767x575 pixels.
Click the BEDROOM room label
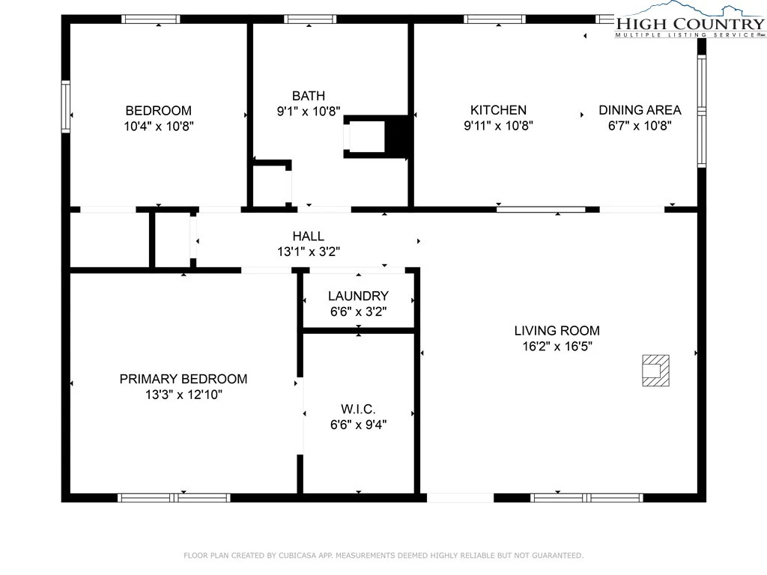coord(159,111)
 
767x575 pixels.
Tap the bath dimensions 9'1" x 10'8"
coord(309,112)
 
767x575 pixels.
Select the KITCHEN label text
coord(498,110)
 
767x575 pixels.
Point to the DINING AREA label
coord(640,110)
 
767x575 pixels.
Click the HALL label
coord(308,236)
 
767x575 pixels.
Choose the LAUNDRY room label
coord(358,296)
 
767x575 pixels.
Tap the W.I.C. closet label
coord(358,409)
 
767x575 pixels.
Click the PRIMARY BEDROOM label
coord(184,379)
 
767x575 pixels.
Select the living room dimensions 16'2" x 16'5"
coord(557,346)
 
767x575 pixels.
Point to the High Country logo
coord(690,20)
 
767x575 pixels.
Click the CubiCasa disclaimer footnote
coord(383,556)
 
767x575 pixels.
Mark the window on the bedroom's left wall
coord(66,106)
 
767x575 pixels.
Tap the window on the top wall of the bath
coord(310,19)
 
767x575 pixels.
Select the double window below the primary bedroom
coord(174,498)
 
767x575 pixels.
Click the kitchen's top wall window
coord(494,19)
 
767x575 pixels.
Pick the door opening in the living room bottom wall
coord(461,498)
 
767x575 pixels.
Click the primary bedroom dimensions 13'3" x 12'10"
coord(184,395)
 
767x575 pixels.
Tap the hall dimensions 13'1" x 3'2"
coord(308,252)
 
